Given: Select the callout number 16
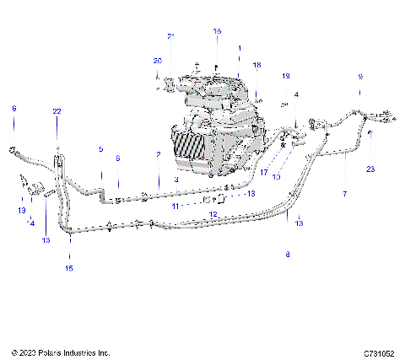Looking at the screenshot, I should coord(217,31).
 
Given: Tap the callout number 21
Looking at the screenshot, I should coord(170,37).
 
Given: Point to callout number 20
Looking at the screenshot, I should coord(157,61).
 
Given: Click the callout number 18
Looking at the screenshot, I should coord(257,65).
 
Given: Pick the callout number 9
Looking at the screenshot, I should coord(360,77).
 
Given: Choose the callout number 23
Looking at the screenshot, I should coord(371,169).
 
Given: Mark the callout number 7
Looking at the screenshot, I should coord(344,193).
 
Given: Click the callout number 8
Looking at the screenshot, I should coord(288,254).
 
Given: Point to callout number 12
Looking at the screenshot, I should coord(213,215).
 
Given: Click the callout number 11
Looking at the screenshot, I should coord(175,205).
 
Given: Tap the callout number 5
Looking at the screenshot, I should coord(100,149).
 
